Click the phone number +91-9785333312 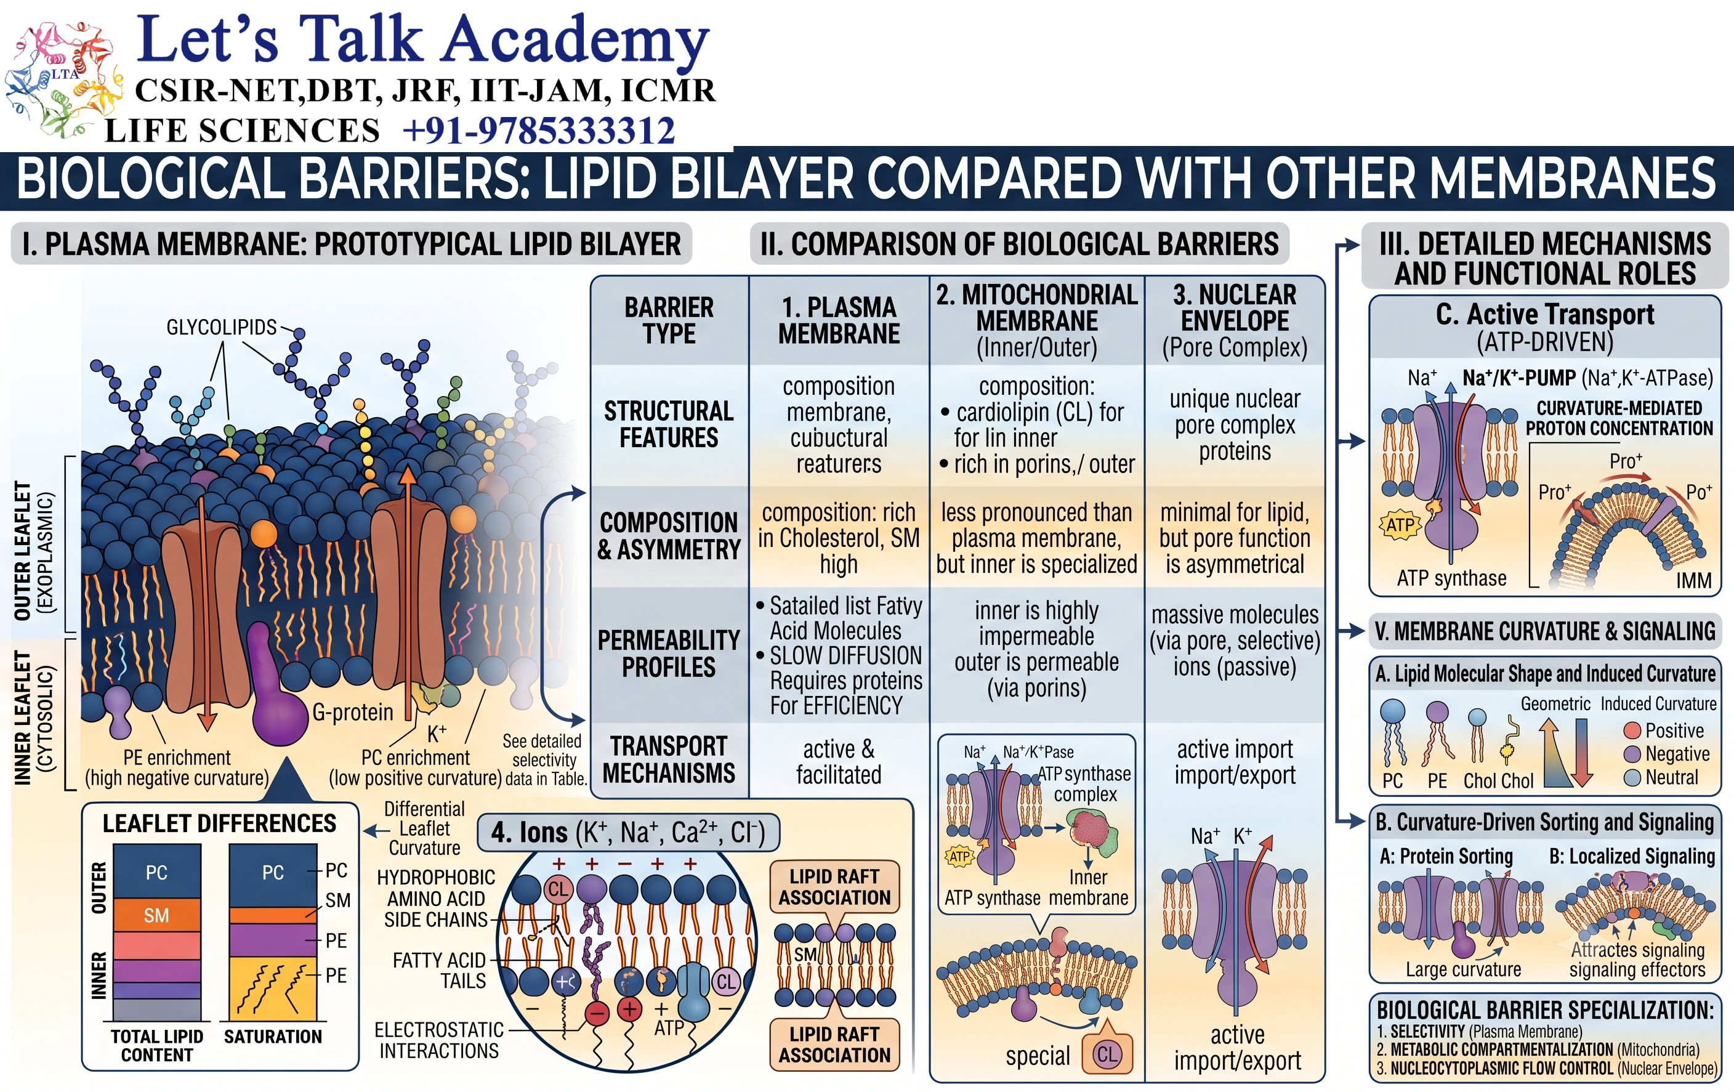539,131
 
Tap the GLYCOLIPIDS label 221,327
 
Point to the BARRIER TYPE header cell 669,320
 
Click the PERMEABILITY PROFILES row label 669,653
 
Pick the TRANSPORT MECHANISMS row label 669,759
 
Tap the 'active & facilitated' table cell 839,761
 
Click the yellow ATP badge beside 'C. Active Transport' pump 1400,524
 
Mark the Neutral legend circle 1632,778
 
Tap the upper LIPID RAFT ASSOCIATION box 834,887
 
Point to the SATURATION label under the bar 273,1036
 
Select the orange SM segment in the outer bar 156,915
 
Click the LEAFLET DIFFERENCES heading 220,823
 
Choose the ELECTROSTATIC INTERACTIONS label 439,1040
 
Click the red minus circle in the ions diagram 597,1013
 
